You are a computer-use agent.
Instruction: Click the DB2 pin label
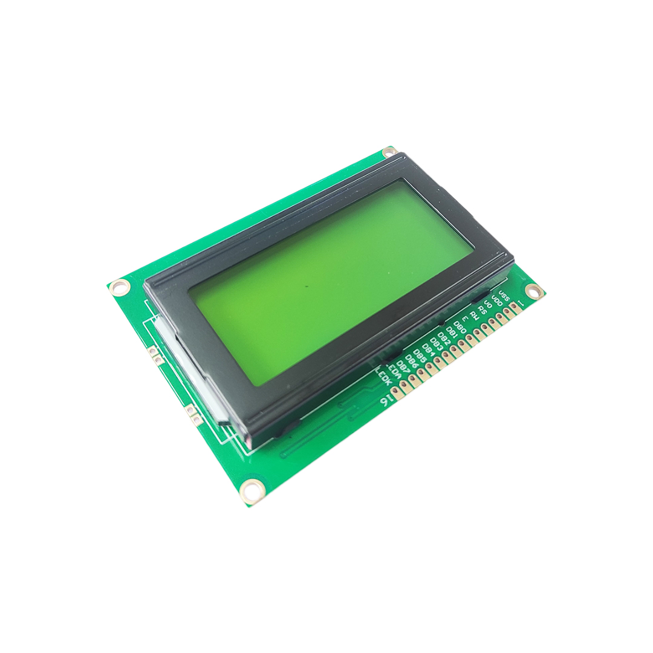click(x=444, y=336)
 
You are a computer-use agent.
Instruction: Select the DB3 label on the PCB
click(x=436, y=342)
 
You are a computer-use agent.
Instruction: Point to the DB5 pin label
click(x=420, y=353)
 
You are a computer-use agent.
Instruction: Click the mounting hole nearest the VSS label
click(x=533, y=291)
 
